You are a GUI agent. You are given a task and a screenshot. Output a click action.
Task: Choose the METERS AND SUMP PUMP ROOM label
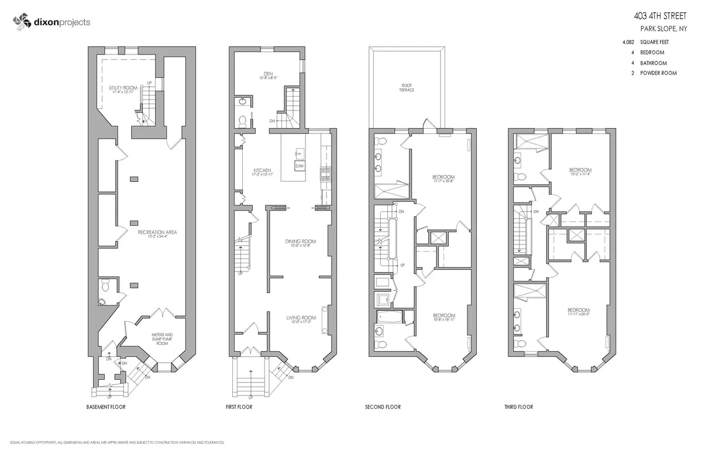(157, 339)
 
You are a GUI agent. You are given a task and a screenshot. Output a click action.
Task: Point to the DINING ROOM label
(300, 243)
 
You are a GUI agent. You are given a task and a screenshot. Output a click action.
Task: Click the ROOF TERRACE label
(407, 88)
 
